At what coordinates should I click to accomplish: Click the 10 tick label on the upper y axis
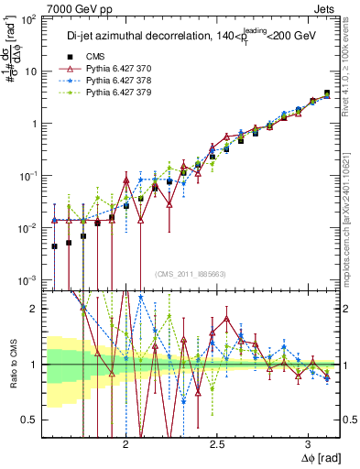tap(33, 71)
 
